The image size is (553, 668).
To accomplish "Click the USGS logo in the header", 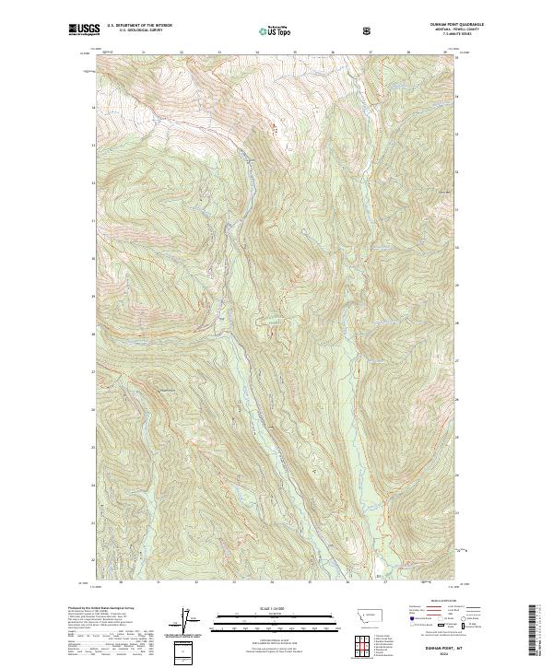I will [x=84, y=30].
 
